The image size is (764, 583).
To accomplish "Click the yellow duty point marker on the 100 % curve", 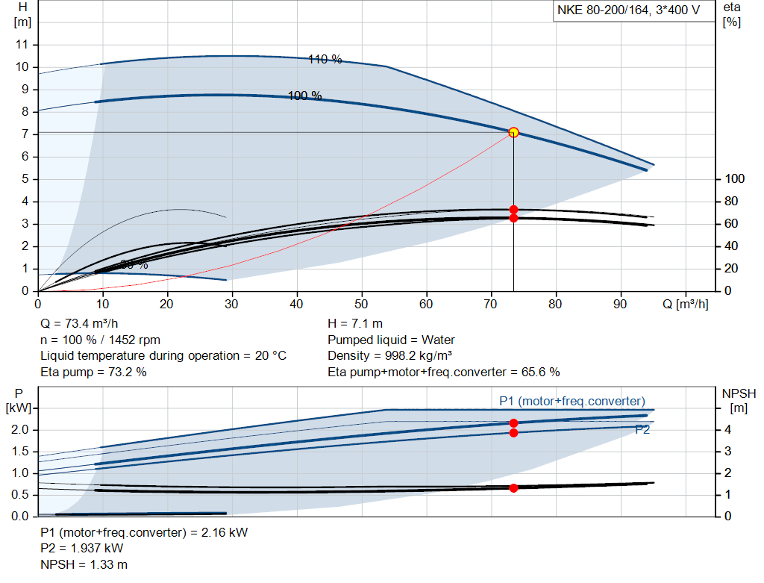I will (513, 132).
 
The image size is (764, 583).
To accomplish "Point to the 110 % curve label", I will (325, 60).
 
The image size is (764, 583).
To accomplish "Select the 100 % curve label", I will (304, 96).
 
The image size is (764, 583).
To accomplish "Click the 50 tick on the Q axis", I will (362, 305).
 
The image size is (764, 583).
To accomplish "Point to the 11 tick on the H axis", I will (22, 45).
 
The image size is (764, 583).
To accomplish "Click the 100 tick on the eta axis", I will (735, 179).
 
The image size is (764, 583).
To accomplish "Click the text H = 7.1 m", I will (356, 324).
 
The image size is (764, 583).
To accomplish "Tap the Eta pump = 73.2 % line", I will (93, 372).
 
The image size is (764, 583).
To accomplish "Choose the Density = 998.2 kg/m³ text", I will (395, 356).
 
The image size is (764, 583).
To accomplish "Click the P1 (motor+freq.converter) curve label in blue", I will (572, 401).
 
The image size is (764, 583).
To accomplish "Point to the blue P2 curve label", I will (642, 429).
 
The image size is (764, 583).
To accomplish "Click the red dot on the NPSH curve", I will (513, 487).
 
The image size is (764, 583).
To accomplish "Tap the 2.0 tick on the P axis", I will (20, 430).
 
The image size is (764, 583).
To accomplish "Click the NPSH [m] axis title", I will (739, 400).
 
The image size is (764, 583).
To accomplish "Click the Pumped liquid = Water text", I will (391, 340).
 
